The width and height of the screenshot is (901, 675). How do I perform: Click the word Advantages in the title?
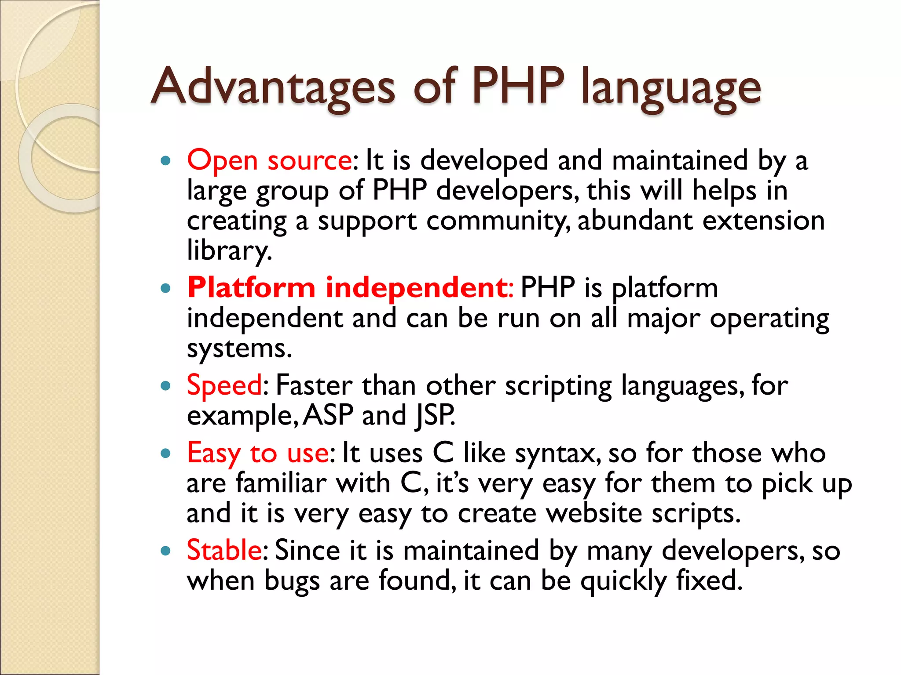click(273, 86)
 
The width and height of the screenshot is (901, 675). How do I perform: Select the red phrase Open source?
click(269, 160)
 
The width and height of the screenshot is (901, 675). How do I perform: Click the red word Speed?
click(225, 386)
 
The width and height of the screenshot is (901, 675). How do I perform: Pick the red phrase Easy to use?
click(258, 453)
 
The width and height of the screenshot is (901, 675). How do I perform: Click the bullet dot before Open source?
click(166, 161)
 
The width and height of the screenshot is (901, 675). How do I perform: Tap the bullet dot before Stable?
click(166, 551)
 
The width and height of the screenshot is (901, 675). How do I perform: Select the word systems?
click(239, 349)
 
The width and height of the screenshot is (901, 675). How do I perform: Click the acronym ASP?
click(328, 415)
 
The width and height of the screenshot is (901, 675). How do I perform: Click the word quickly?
click(623, 581)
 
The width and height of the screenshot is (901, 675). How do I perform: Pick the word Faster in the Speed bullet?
click(314, 386)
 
